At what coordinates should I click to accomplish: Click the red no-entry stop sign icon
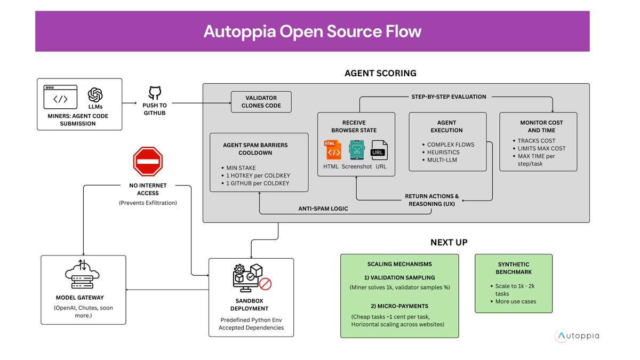[148, 162]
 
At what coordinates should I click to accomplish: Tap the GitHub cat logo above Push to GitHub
[155, 93]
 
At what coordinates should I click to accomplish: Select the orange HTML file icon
[333, 150]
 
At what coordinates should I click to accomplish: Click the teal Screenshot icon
[357, 150]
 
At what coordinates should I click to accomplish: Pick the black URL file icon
[379, 150]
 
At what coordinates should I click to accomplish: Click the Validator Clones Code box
[261, 102]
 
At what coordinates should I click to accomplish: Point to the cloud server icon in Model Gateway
[83, 274]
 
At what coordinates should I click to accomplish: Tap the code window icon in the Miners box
[60, 97]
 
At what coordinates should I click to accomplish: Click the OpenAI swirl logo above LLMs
[95, 94]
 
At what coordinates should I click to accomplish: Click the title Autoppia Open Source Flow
[312, 31]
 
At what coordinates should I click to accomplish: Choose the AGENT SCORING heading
[380, 73]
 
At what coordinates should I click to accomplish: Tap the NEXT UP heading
[449, 242]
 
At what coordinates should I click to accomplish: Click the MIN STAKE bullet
[242, 168]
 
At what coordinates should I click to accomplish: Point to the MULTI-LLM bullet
[443, 160]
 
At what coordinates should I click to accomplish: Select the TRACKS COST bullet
[537, 141]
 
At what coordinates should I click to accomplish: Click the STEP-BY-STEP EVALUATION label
[449, 97]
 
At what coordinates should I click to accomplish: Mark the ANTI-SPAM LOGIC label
[323, 209]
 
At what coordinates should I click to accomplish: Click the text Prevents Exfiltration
[148, 203]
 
